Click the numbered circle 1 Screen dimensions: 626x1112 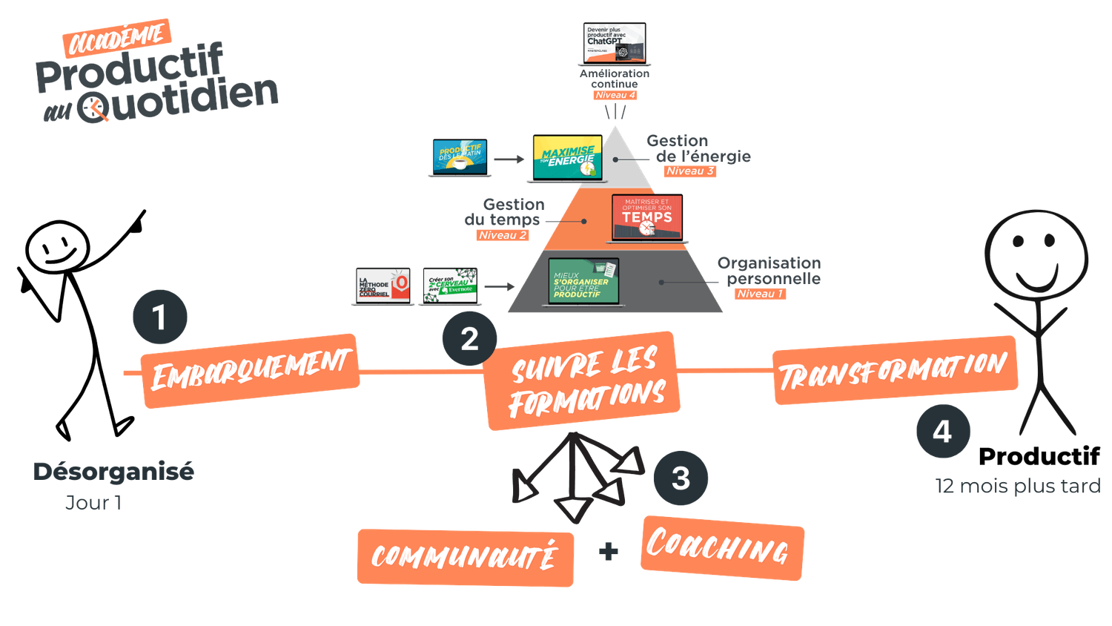click(x=160, y=317)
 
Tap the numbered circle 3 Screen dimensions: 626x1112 click(x=681, y=478)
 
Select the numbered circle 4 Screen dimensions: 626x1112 click(x=942, y=431)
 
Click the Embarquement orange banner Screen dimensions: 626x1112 click(x=250, y=370)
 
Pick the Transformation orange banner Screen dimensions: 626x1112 click(x=894, y=369)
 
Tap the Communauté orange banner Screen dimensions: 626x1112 click(x=465, y=556)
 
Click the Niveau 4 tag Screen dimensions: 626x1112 click(x=615, y=95)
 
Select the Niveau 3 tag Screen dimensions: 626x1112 click(x=689, y=171)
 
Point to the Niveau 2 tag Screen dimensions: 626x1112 click(x=503, y=235)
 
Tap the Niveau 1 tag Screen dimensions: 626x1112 click(x=760, y=294)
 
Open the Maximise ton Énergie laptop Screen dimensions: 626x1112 click(x=568, y=158)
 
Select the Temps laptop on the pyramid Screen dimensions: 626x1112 click(x=647, y=217)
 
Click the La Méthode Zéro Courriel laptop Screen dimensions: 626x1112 click(x=383, y=286)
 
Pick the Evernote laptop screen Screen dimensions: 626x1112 click(x=450, y=286)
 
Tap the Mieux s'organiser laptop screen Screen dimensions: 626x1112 click(x=583, y=281)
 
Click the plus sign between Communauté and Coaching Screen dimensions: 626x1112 click(x=608, y=551)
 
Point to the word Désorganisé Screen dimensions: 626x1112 click(x=113, y=471)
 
